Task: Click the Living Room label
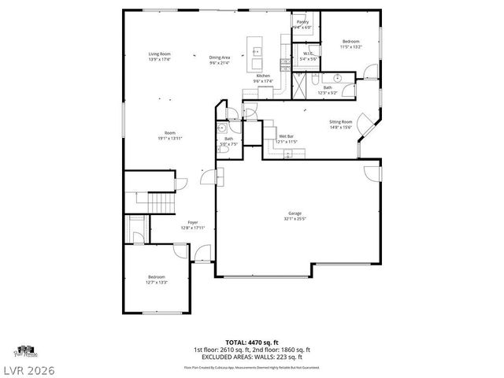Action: pyautogui.click(x=160, y=56)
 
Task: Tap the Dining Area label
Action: pyautogui.click(x=220, y=60)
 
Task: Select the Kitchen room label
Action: pyautogui.click(x=263, y=78)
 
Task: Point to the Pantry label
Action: pyautogui.click(x=302, y=24)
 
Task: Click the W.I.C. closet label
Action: pyautogui.click(x=309, y=56)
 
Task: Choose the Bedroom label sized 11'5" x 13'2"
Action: pyautogui.click(x=350, y=43)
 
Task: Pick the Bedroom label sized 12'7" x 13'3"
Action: pyautogui.click(x=157, y=280)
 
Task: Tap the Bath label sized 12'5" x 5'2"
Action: pyautogui.click(x=327, y=90)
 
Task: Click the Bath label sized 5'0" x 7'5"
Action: pyautogui.click(x=228, y=141)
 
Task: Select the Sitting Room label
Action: pyautogui.click(x=340, y=124)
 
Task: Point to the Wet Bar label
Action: pyautogui.click(x=286, y=139)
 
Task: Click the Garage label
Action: pyautogui.click(x=295, y=216)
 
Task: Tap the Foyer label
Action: pyautogui.click(x=192, y=225)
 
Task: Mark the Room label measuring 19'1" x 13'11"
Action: pyautogui.click(x=169, y=135)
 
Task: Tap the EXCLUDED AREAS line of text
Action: pyautogui.click(x=252, y=357)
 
